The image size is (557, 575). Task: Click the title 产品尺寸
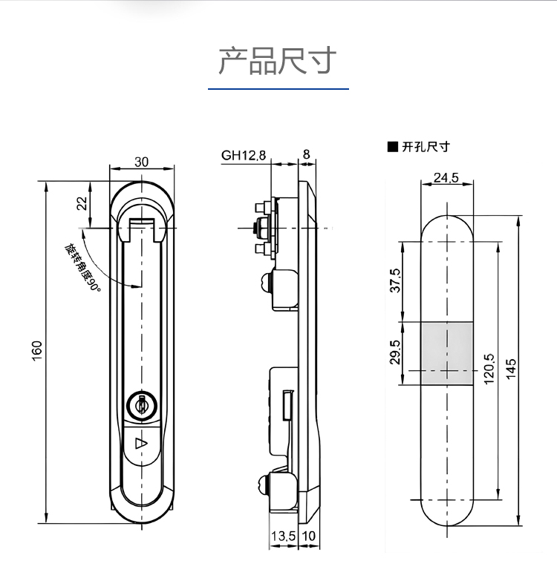click(278, 60)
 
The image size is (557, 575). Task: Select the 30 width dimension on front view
click(142, 162)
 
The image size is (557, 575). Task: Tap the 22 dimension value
click(82, 203)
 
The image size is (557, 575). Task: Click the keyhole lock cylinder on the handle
click(140, 406)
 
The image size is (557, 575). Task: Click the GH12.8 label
click(243, 156)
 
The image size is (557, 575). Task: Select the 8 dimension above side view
click(306, 156)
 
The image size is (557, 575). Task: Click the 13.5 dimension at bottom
click(283, 536)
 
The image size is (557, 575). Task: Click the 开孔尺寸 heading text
click(426, 147)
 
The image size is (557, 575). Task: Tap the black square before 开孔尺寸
click(392, 147)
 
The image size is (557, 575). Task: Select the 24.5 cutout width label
click(446, 177)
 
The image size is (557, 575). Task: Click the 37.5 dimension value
click(395, 280)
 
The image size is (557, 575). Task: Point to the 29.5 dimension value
click(395, 352)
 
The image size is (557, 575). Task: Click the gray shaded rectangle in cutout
click(447, 353)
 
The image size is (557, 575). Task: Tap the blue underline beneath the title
click(278, 89)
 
